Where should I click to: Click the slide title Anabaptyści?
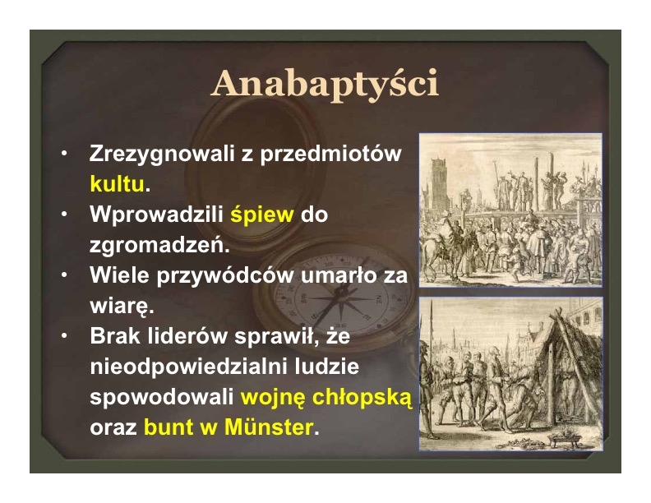click(x=325, y=83)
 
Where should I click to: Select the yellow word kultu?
click(x=117, y=184)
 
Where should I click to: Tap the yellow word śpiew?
click(x=262, y=215)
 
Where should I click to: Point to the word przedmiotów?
click(x=331, y=154)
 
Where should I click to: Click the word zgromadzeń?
click(x=159, y=245)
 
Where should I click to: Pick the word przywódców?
click(x=224, y=275)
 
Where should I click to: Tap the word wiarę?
click(x=122, y=307)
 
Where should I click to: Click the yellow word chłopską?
click(x=362, y=397)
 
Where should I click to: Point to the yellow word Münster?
click(x=269, y=427)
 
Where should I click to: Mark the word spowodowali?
click(x=162, y=398)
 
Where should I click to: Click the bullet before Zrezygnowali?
click(x=64, y=154)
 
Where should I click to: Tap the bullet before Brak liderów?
click(x=64, y=335)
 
